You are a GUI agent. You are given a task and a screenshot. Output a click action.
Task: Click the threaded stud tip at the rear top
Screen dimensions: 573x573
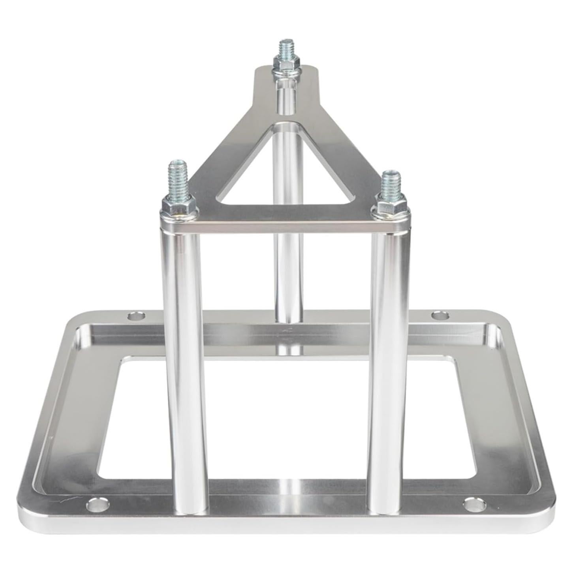click(286, 46)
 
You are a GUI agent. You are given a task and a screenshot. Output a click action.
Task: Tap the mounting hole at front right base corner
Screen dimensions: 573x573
click(472, 504)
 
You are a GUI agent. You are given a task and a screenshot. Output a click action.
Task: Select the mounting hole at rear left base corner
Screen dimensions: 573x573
click(137, 316)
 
